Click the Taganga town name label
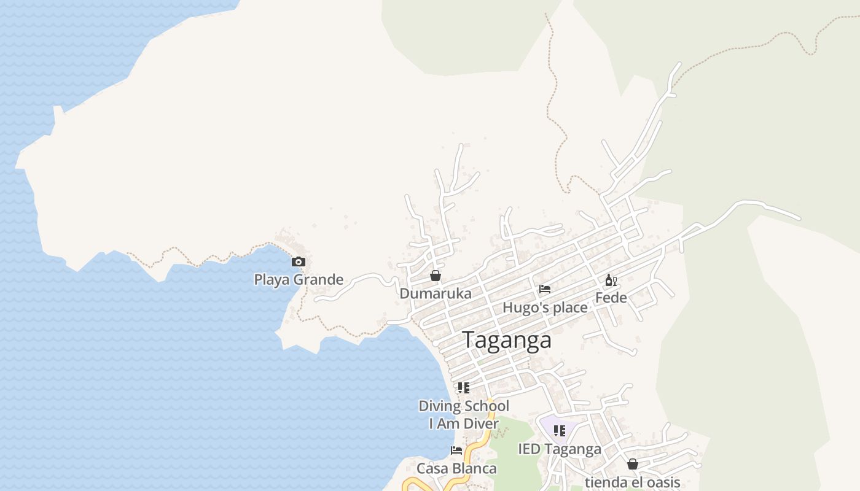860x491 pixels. point(507,340)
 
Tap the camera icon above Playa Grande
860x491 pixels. point(298,262)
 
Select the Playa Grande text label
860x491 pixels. point(299,280)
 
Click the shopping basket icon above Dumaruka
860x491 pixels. point(436,276)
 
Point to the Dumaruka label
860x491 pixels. point(436,293)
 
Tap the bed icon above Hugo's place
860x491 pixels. point(545,289)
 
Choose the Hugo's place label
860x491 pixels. point(545,307)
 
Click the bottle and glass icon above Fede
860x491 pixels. point(611,280)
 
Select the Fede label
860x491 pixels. point(611,298)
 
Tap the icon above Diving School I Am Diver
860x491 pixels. point(464,388)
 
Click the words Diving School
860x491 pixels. point(464,406)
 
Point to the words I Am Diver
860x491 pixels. point(464,423)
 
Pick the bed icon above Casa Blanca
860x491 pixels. point(456,450)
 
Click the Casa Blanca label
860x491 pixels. point(456,468)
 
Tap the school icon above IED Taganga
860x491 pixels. point(559,431)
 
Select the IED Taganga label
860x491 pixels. point(559,449)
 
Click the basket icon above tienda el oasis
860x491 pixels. point(632,464)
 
